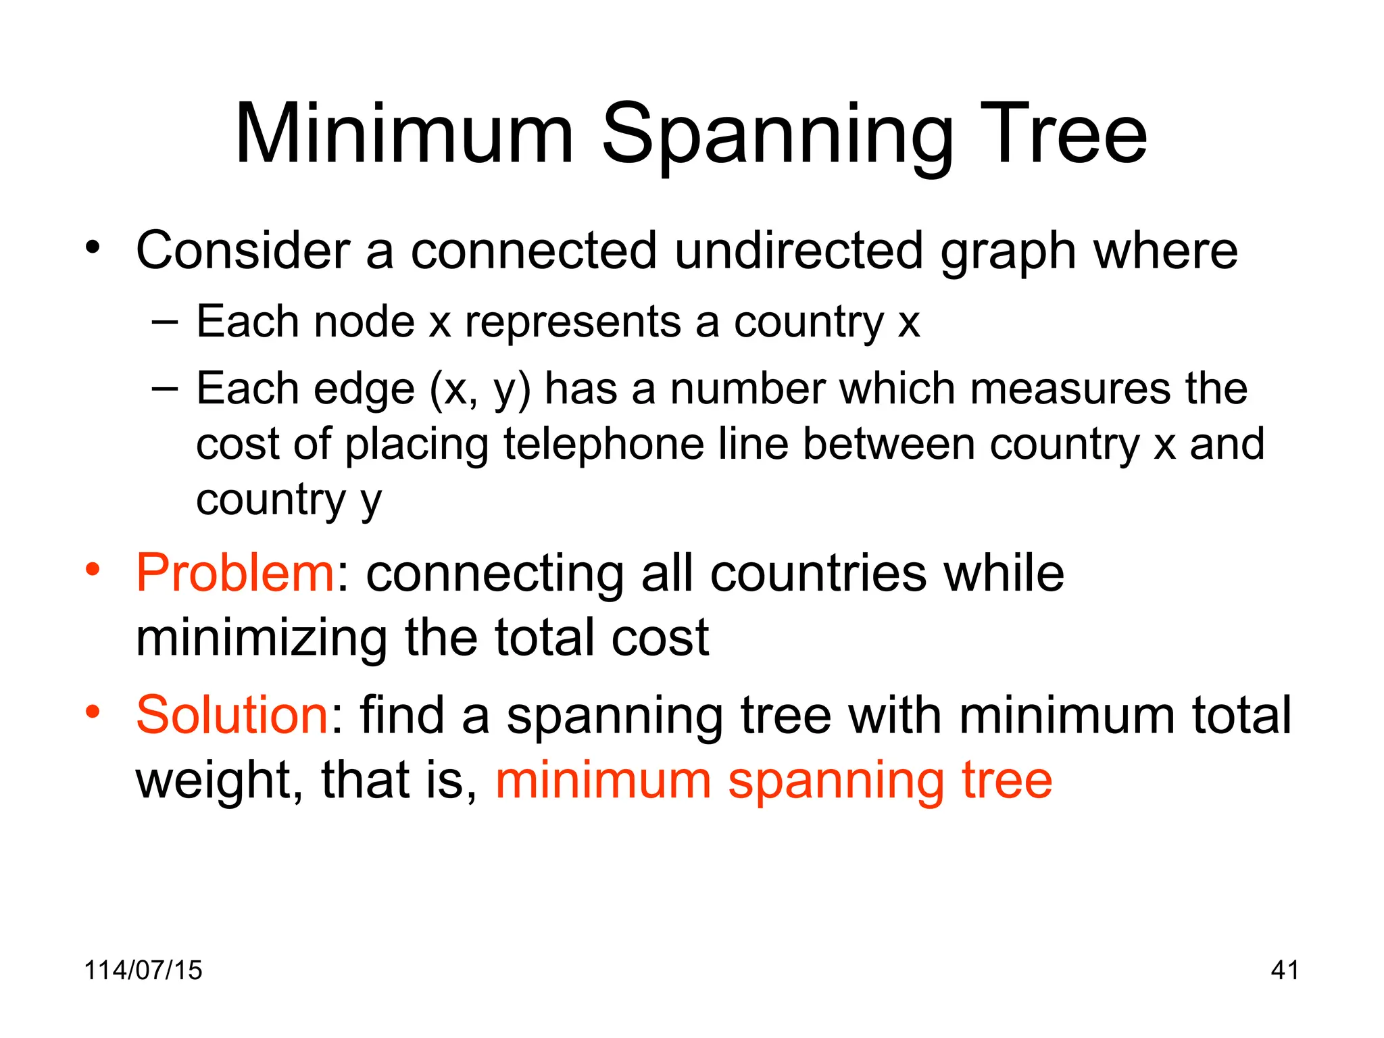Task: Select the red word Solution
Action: pyautogui.click(x=232, y=715)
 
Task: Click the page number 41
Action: pyautogui.click(x=1284, y=970)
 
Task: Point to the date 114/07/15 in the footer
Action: pyautogui.click(x=143, y=970)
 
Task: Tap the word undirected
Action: pyautogui.click(x=799, y=251)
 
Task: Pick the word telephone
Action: pyautogui.click(x=603, y=444)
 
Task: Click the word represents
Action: pyautogui.click(x=573, y=322)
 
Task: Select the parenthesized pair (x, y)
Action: pyautogui.click(x=480, y=390)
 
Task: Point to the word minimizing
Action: pyautogui.click(x=262, y=638)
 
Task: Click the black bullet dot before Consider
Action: pyautogui.click(x=93, y=247)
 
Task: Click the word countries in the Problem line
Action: pyautogui.click(x=819, y=573)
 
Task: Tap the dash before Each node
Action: pyautogui.click(x=165, y=322)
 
